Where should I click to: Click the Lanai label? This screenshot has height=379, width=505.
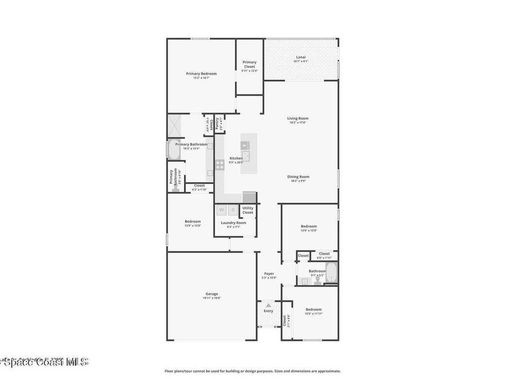[x=301, y=57]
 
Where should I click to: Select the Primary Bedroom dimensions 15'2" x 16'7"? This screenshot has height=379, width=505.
[x=201, y=78]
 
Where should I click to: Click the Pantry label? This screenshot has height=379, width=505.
[x=217, y=123]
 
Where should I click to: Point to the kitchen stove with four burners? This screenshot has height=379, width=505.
[x=220, y=164]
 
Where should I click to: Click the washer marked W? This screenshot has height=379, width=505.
[x=221, y=210]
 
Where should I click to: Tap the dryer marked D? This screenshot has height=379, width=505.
[x=233, y=210]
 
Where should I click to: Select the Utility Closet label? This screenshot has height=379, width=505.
[x=248, y=210]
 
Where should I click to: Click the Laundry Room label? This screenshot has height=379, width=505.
[x=233, y=223]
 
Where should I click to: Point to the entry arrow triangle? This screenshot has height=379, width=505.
[x=268, y=305]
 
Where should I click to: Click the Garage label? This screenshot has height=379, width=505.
[x=212, y=294]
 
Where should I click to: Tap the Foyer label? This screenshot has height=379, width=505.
[x=269, y=273]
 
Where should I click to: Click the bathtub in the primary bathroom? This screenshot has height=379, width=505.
[x=174, y=150]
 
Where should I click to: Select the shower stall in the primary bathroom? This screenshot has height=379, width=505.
[x=175, y=125]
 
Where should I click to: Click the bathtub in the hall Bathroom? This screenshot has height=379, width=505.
[x=332, y=273]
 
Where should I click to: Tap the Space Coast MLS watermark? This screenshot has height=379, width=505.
[x=44, y=362]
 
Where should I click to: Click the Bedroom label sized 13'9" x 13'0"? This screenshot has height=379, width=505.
[x=193, y=221]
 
